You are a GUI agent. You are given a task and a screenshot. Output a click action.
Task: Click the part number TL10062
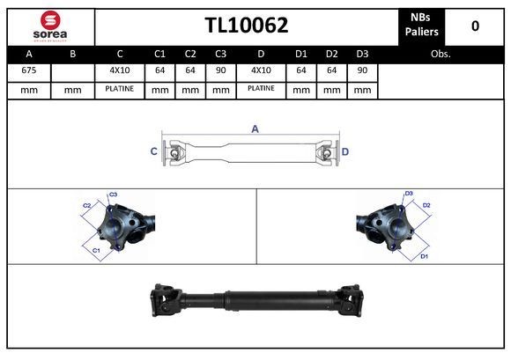247,25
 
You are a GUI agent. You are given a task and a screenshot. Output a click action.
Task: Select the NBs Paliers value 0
475,26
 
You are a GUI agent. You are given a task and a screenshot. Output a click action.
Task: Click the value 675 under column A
28,70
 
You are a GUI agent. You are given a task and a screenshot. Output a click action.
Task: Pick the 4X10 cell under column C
119,70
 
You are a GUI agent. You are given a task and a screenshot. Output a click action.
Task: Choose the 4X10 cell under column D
262,70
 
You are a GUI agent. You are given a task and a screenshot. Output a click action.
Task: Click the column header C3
220,53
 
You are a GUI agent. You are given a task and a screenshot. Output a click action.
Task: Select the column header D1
301,53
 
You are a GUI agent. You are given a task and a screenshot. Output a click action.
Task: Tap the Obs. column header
441,53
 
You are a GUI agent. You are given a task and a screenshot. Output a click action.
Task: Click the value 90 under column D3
362,70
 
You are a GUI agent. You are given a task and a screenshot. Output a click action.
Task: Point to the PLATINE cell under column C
119,89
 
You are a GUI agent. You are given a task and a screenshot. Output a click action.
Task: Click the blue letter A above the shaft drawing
255,129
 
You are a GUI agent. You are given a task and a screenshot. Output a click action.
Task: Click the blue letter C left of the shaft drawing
153,151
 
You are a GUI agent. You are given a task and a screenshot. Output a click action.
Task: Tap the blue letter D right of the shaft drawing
345,151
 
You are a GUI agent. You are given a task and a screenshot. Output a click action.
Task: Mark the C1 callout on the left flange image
96,251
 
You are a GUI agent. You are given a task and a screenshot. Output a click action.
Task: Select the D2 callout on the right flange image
426,205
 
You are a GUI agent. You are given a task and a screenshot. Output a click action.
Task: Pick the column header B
72,53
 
